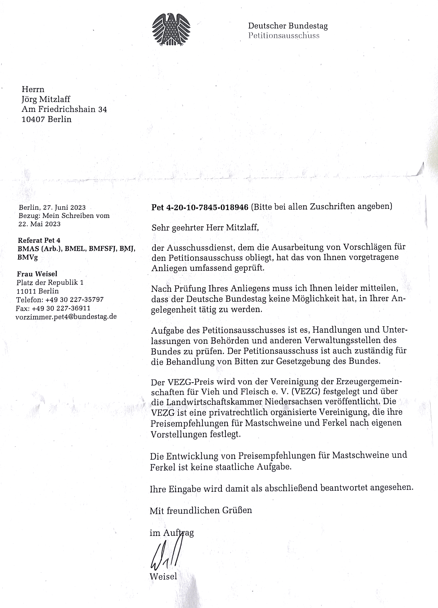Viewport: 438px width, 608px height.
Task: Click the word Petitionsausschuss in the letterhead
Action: click(283, 36)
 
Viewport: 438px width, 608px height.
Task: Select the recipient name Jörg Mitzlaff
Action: click(46, 99)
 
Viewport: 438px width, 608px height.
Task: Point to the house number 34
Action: click(102, 109)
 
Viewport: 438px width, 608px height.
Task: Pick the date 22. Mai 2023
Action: click(39, 224)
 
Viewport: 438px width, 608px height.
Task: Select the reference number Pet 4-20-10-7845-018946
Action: click(200, 207)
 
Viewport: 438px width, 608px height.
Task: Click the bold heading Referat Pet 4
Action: click(39, 240)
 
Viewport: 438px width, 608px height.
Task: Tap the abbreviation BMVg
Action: click(27, 258)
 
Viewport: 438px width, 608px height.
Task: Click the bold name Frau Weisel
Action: click(37, 274)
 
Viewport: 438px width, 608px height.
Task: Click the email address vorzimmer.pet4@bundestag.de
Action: click(66, 317)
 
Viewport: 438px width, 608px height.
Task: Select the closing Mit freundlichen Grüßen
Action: click(201, 510)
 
